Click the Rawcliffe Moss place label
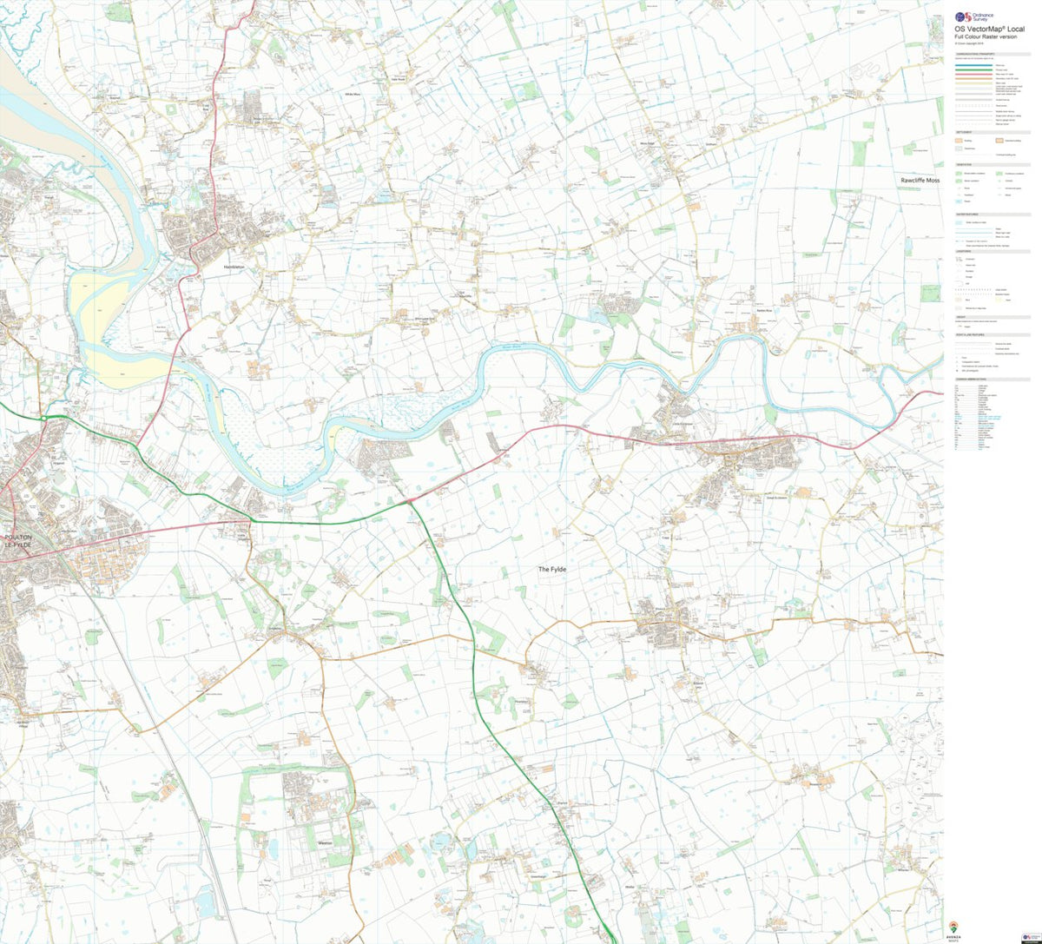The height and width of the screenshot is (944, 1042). coord(920,180)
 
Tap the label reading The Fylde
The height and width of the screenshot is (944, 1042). coord(551,569)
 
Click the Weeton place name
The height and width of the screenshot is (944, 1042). coord(326,842)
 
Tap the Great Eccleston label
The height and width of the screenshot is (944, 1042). coord(775,498)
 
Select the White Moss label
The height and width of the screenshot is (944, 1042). coord(352,93)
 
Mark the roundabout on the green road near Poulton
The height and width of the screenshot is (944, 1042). coord(43,419)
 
